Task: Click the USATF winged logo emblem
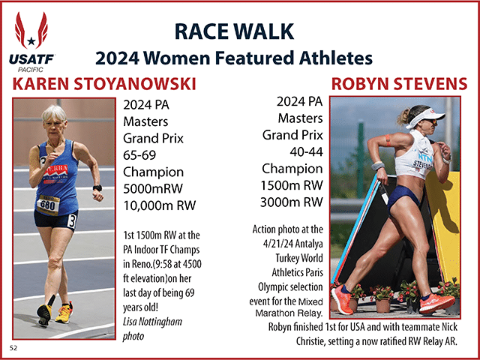[31, 30]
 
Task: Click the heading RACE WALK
[234, 31]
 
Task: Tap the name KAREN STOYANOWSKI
[104, 84]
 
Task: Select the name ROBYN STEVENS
[399, 84]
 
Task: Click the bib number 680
[49, 205]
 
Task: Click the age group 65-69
[139, 155]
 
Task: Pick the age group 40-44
[306, 151]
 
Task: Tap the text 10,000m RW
[159, 205]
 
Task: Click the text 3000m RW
[292, 202]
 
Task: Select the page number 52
[13, 348]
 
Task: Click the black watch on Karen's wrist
[97, 187]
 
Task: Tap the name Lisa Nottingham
[152, 322]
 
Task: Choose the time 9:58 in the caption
[164, 264]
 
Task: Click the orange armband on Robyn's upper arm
[388, 140]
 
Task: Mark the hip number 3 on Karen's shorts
[72, 221]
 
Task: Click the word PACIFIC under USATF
[31, 70]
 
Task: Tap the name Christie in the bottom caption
[309, 341]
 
